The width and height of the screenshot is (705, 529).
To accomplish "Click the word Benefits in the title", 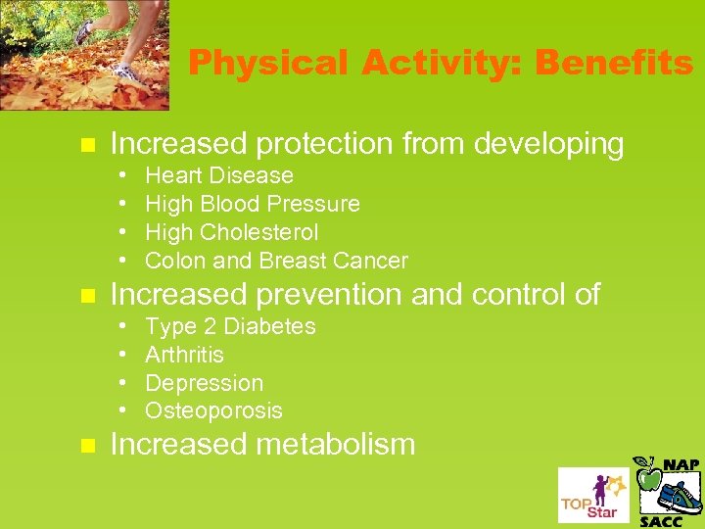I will [613, 64].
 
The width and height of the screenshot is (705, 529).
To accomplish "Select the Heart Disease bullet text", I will [219, 176].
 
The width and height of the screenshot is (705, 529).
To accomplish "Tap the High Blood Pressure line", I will [253, 205].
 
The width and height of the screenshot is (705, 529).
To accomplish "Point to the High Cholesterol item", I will [232, 233].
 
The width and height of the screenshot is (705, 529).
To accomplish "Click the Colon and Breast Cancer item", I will [276, 261].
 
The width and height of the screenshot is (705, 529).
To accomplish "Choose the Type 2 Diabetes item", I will [230, 326].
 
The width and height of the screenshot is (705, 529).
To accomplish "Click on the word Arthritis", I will [184, 355].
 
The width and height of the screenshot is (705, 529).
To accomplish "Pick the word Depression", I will [204, 383].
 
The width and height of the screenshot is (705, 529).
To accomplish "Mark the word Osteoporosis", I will [213, 410].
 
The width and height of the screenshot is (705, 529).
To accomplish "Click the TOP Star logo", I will [592, 495].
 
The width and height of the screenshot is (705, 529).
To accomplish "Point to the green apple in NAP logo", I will [648, 477].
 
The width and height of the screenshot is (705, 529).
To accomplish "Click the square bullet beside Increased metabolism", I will [86, 446].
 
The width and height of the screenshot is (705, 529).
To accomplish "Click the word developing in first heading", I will [548, 145].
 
